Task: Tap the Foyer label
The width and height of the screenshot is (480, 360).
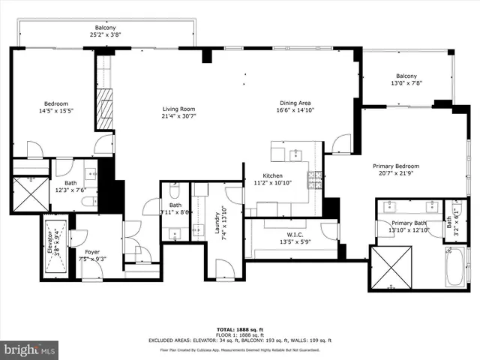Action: coord(91,252)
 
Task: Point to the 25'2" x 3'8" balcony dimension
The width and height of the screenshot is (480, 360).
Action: coord(105,34)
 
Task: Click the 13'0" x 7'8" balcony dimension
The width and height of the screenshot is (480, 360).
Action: coord(406,84)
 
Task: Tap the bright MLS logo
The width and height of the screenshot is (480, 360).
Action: coord(30,349)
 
